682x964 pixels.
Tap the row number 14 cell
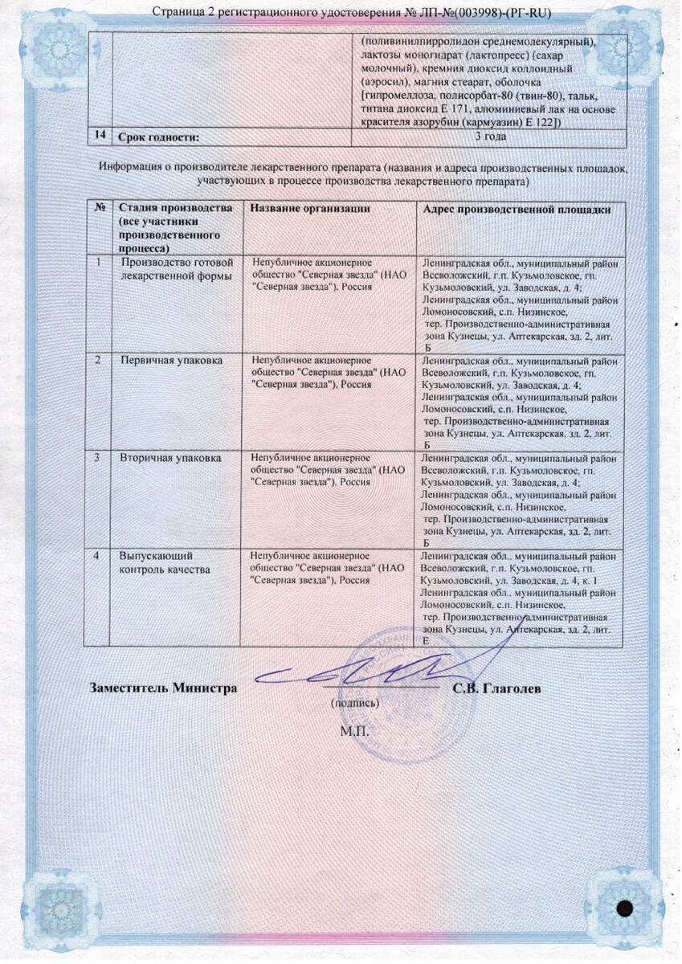100,137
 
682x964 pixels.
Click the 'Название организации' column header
310,209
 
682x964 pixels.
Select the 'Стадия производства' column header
175,223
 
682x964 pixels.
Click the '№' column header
100,209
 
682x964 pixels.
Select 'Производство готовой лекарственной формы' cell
175,269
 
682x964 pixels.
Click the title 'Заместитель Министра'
164,688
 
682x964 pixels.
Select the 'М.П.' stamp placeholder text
353,731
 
